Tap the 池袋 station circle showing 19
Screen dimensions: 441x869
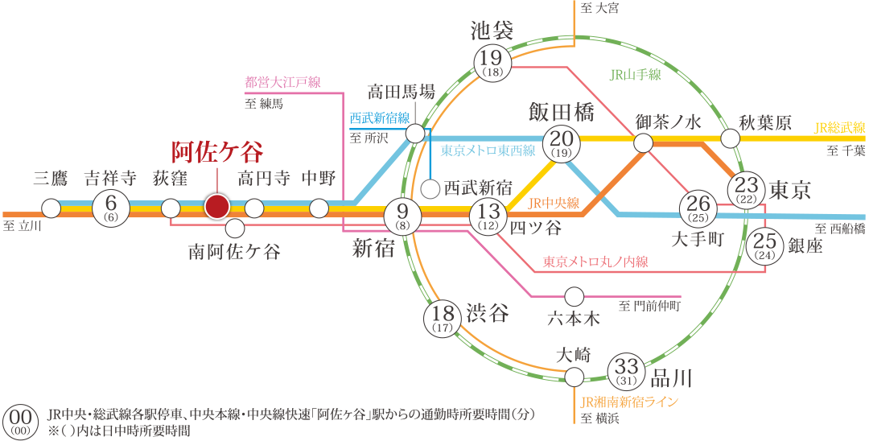point(492,62)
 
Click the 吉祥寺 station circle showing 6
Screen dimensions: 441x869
point(111,208)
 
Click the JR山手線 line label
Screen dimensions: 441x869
point(635,75)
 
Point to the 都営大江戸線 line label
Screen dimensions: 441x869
point(283,82)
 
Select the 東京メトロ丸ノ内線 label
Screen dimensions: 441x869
point(595,262)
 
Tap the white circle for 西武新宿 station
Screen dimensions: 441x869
point(431,189)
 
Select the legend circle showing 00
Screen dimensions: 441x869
point(22,421)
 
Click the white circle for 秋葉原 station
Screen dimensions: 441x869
point(730,138)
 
